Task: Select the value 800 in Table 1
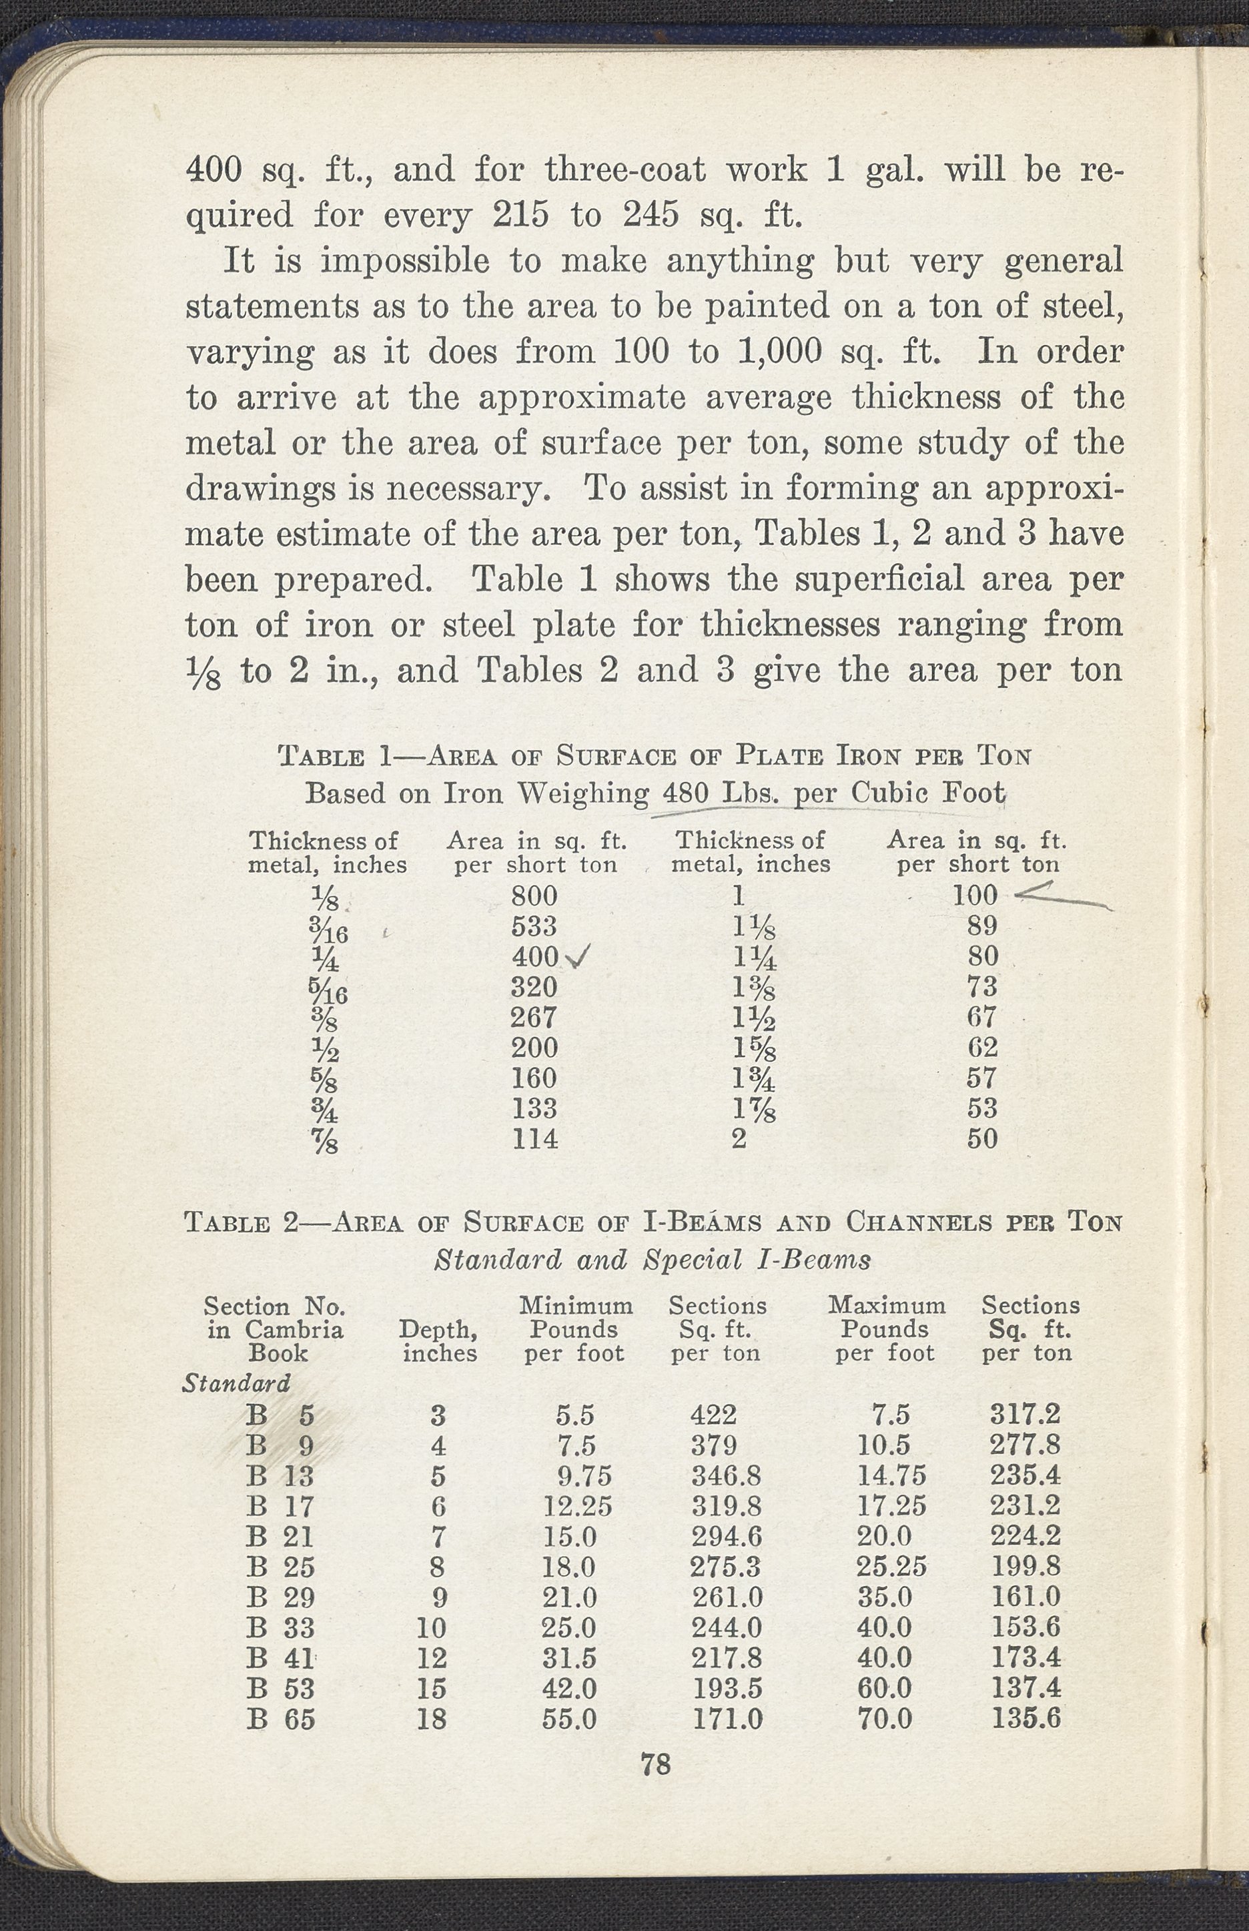(x=534, y=895)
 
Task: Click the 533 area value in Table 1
(x=534, y=926)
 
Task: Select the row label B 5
(x=280, y=1416)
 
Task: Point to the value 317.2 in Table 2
(x=1025, y=1415)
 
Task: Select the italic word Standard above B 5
(x=236, y=1383)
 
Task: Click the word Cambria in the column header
(x=294, y=1330)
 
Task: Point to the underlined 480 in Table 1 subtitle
(x=685, y=793)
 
